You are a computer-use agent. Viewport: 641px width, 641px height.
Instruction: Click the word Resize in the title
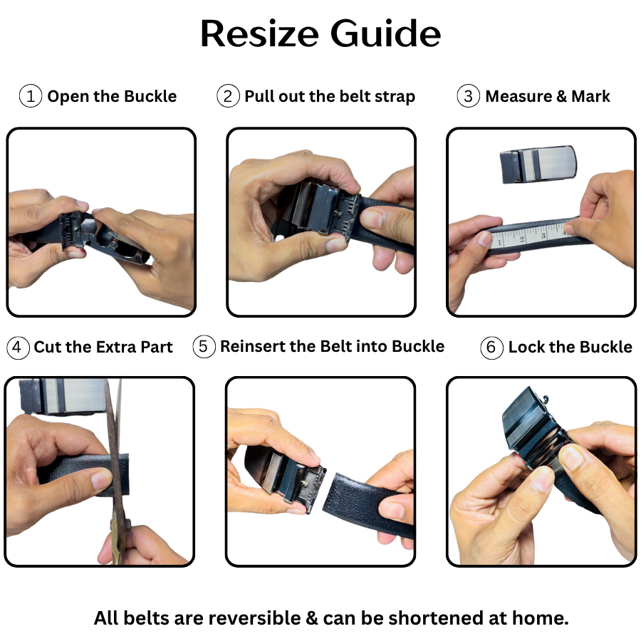(259, 33)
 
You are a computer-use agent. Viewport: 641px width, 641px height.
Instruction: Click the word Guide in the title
(385, 33)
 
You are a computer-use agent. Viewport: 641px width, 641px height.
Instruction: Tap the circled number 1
(31, 96)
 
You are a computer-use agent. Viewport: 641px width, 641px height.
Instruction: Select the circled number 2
(228, 96)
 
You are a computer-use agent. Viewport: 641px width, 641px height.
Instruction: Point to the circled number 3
(469, 96)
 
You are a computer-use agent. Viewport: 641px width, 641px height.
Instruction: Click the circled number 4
(18, 347)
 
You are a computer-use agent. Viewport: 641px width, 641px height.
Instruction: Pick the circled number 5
(204, 346)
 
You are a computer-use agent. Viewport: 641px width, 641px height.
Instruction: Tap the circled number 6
(491, 348)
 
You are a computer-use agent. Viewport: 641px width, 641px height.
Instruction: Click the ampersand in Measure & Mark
(561, 96)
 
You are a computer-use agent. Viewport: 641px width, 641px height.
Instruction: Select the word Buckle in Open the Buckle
(150, 96)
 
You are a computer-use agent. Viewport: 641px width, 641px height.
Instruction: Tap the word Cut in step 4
(48, 347)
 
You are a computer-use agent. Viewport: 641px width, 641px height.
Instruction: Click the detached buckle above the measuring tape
(538, 164)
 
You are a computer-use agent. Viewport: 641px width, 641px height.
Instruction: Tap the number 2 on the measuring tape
(522, 239)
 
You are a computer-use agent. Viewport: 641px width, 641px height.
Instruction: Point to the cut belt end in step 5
(330, 493)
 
